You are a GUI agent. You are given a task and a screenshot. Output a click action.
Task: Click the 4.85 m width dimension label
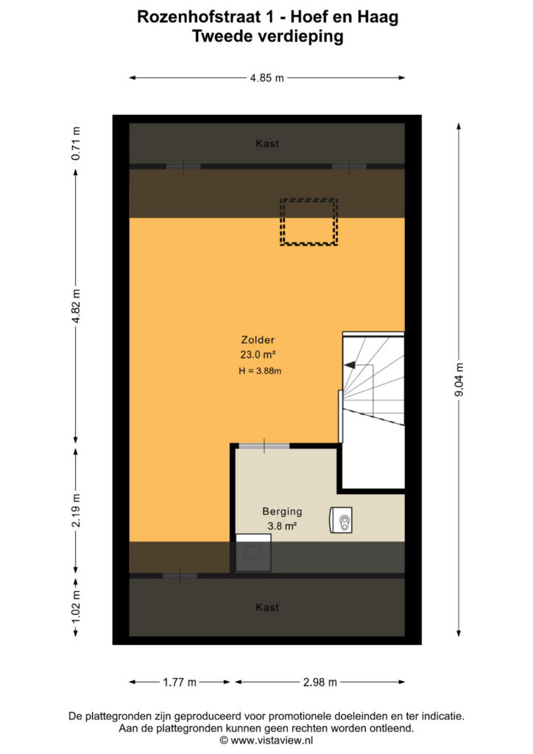266,78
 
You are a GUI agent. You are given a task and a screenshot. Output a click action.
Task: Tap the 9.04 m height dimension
459,380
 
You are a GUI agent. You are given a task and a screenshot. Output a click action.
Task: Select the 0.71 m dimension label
76,144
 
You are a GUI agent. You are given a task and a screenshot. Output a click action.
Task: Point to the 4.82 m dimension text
76,307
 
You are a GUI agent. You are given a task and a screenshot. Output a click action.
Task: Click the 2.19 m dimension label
76,510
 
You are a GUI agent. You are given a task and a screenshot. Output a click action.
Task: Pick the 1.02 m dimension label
76,607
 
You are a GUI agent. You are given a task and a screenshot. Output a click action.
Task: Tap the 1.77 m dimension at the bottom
180,682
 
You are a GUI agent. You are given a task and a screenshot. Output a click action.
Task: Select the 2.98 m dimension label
320,682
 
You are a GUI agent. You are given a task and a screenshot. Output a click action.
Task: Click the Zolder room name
258,340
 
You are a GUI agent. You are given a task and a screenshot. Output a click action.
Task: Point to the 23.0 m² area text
258,354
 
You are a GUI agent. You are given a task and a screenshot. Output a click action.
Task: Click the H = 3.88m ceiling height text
260,371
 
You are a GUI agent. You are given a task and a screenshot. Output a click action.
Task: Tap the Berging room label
282,511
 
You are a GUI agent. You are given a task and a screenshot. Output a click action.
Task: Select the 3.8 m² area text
282,526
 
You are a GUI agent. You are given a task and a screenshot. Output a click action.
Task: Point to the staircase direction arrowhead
350,365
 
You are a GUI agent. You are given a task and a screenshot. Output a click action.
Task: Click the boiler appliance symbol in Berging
341,520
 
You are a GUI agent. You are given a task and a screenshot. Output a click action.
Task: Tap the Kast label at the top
267,144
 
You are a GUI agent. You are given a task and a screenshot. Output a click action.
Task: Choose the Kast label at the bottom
267,607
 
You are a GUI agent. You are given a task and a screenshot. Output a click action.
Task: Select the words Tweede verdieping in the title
268,36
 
